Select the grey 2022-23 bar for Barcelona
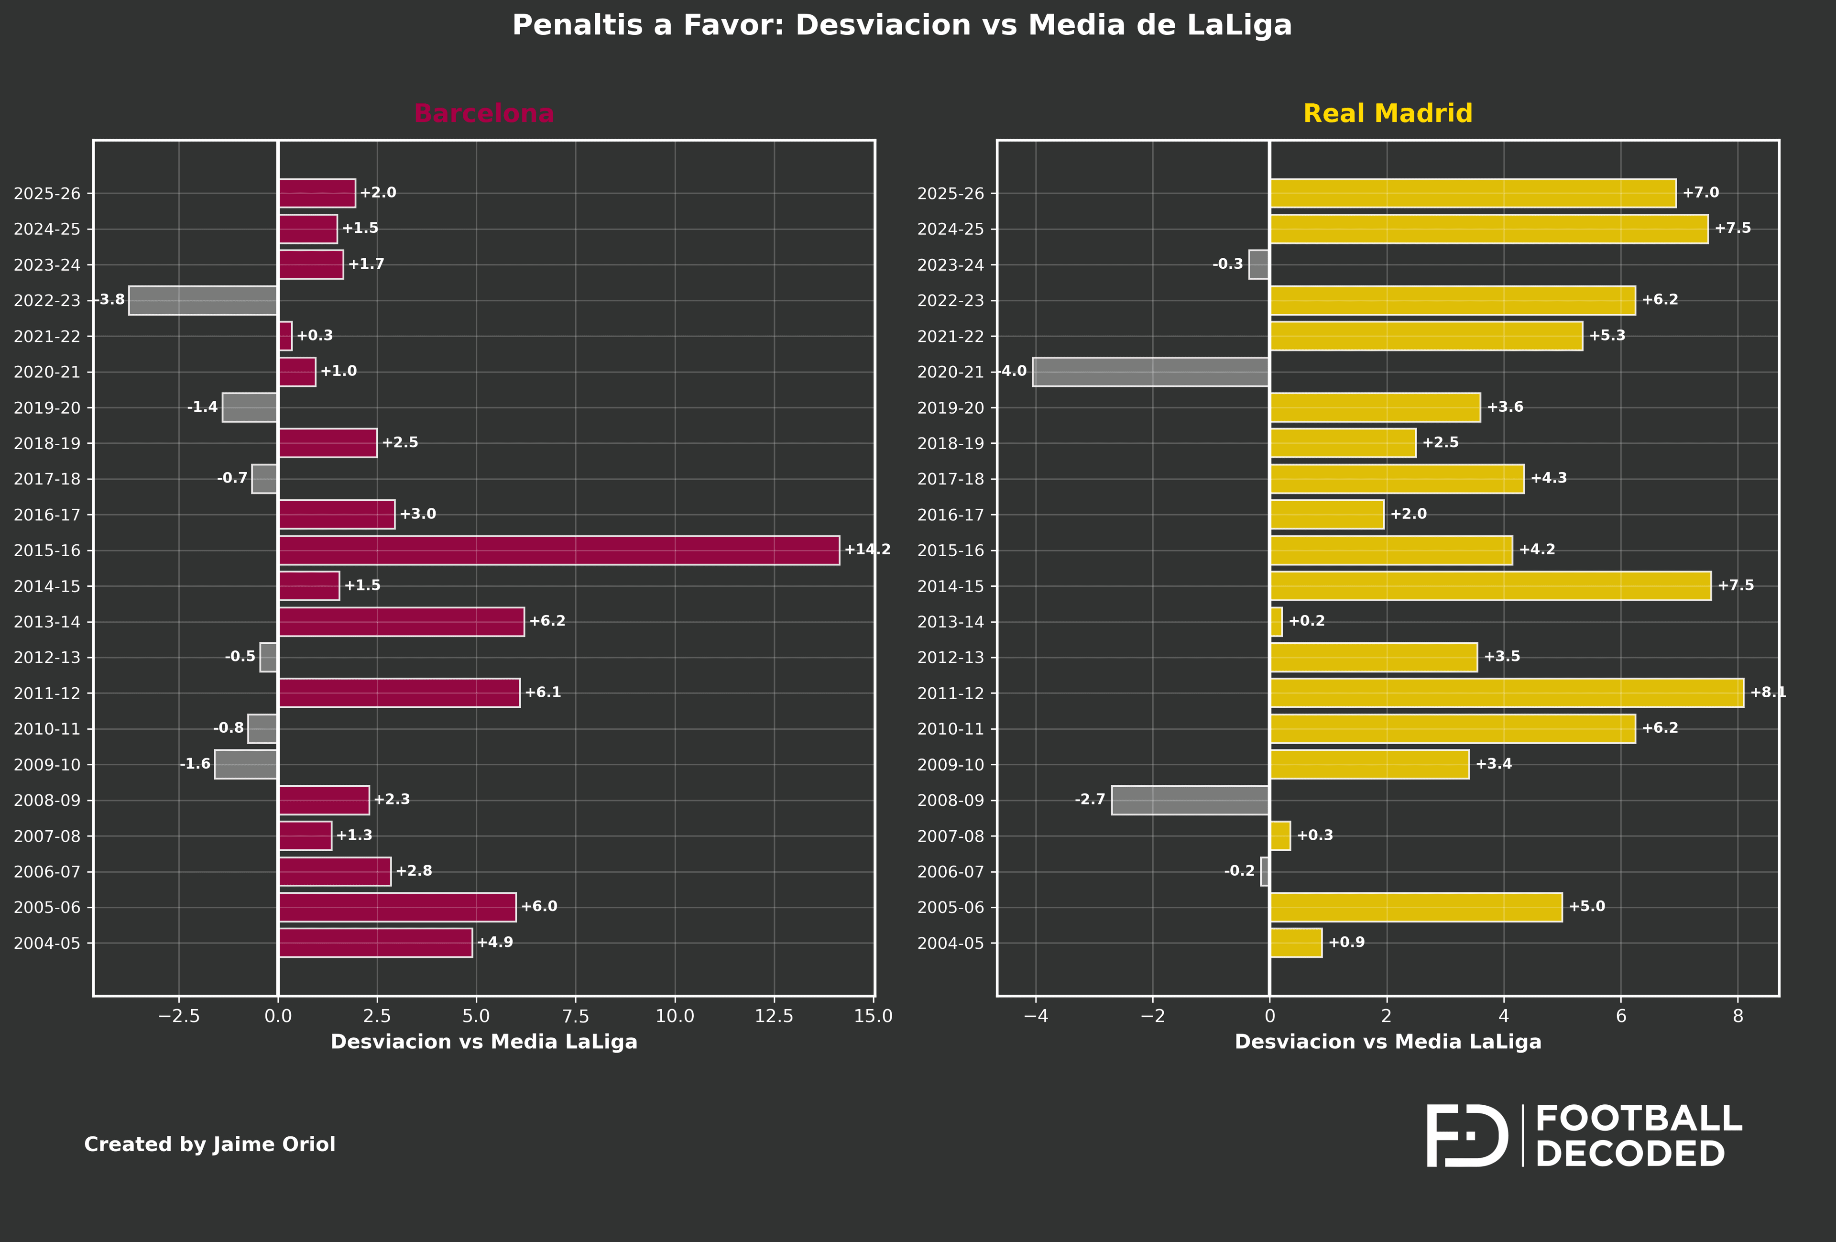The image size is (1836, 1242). [203, 300]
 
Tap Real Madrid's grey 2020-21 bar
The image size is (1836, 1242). [1150, 371]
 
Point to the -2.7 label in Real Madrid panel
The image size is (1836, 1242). [1090, 800]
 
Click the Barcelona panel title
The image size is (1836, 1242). [483, 114]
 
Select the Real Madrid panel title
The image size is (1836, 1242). [1387, 114]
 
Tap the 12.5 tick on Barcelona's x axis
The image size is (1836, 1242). [774, 1017]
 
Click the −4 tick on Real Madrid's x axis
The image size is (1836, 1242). [1035, 1017]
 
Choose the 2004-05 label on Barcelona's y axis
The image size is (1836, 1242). [47, 944]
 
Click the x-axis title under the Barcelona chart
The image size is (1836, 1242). [483, 1042]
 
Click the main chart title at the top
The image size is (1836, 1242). [901, 25]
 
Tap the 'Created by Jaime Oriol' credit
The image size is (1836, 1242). [209, 1145]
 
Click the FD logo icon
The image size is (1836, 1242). [1466, 1136]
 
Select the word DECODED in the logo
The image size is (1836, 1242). [1630, 1154]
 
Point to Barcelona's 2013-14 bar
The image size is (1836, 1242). [401, 622]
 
